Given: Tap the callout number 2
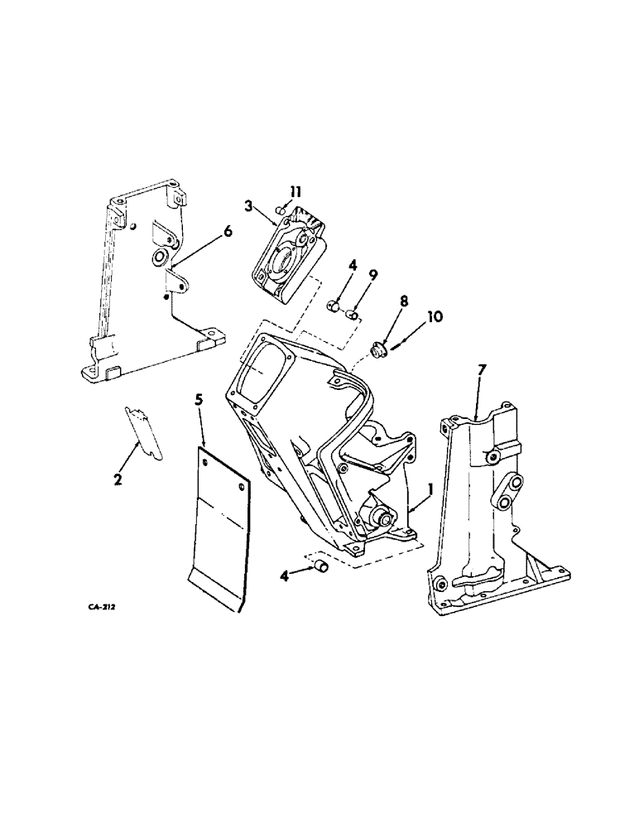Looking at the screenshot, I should (x=118, y=479).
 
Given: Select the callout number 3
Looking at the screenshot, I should (x=247, y=205).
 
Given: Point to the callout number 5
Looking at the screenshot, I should (x=198, y=399).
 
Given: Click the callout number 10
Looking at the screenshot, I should (x=435, y=316).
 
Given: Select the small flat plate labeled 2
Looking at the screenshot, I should (x=146, y=433).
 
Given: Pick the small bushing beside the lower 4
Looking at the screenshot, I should (x=320, y=567).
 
